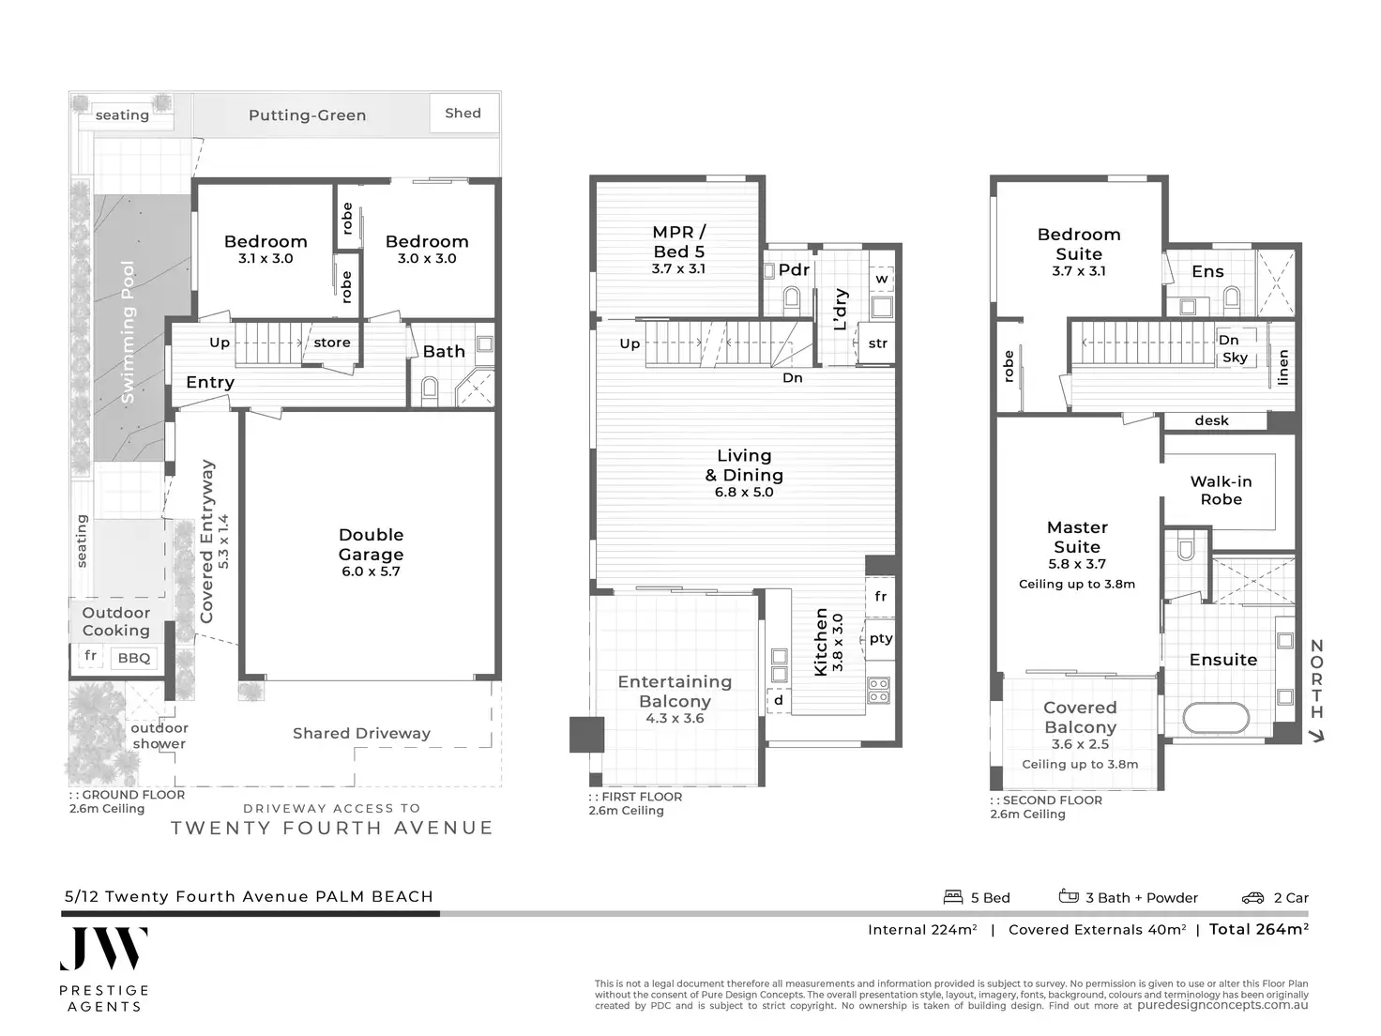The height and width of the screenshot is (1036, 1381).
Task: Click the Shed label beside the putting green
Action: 463,114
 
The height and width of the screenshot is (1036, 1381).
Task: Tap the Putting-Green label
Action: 307,115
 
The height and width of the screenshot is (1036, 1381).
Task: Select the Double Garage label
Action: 371,544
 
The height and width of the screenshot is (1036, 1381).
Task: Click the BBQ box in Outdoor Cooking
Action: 134,658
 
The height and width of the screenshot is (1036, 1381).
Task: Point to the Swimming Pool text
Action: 128,332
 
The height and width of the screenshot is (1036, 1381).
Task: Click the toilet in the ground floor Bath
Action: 430,389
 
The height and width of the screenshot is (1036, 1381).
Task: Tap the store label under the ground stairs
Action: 331,343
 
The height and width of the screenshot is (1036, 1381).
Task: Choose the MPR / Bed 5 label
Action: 678,242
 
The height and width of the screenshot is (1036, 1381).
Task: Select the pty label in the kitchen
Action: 881,639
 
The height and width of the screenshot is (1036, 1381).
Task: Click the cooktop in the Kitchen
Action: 879,690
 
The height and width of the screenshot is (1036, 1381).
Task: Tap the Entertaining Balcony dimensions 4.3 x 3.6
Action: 675,719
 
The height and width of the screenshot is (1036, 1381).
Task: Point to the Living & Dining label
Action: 744,465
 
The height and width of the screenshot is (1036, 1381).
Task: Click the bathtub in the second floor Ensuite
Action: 1216,720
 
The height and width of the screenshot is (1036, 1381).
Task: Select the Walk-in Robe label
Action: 1221,490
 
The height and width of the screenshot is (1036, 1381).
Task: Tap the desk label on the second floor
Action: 1211,420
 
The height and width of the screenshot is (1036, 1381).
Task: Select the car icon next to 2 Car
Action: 1252,898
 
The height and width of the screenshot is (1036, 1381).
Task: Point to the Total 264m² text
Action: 1258,929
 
